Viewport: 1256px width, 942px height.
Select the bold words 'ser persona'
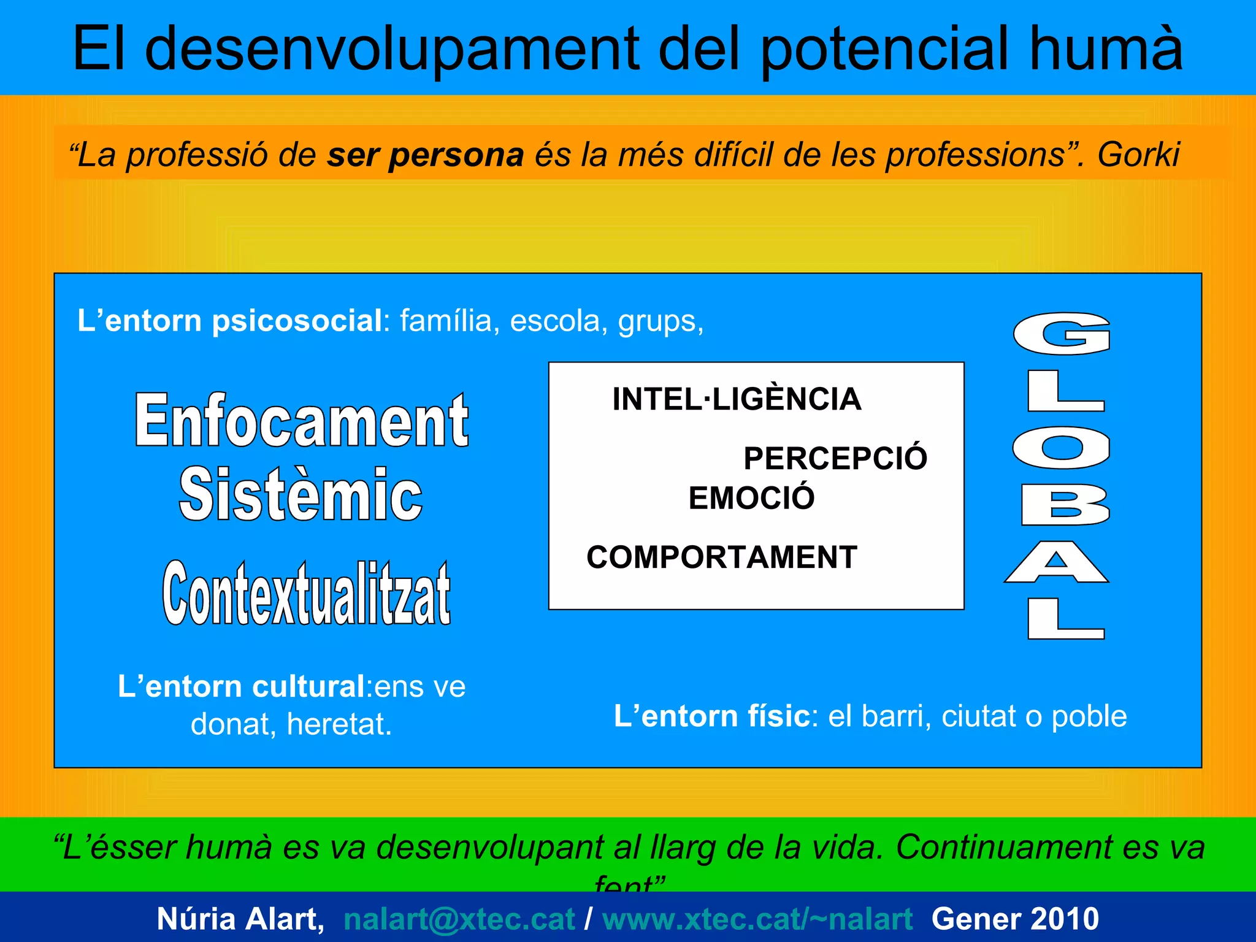point(425,155)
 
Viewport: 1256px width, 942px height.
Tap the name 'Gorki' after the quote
point(1138,155)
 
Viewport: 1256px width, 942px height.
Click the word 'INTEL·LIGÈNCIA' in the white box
point(737,399)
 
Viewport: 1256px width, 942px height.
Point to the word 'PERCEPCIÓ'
point(835,458)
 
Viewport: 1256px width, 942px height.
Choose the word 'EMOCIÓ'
point(751,498)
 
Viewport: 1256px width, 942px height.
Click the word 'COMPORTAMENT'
point(722,557)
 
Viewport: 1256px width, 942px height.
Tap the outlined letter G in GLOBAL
point(1062,334)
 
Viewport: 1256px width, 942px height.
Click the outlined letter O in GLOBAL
point(1062,448)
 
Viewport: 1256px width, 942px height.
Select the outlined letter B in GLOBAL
point(1065,505)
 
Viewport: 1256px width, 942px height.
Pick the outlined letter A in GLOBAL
point(1056,562)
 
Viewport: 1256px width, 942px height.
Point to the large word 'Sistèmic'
point(301,494)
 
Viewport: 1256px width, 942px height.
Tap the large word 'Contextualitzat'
point(306,594)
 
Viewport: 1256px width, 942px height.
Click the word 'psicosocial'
point(297,321)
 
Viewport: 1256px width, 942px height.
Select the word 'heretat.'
point(339,724)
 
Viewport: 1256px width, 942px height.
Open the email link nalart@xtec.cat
point(459,919)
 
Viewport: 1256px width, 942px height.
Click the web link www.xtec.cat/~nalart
point(757,919)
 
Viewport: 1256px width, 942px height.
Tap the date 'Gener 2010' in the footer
point(1015,919)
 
